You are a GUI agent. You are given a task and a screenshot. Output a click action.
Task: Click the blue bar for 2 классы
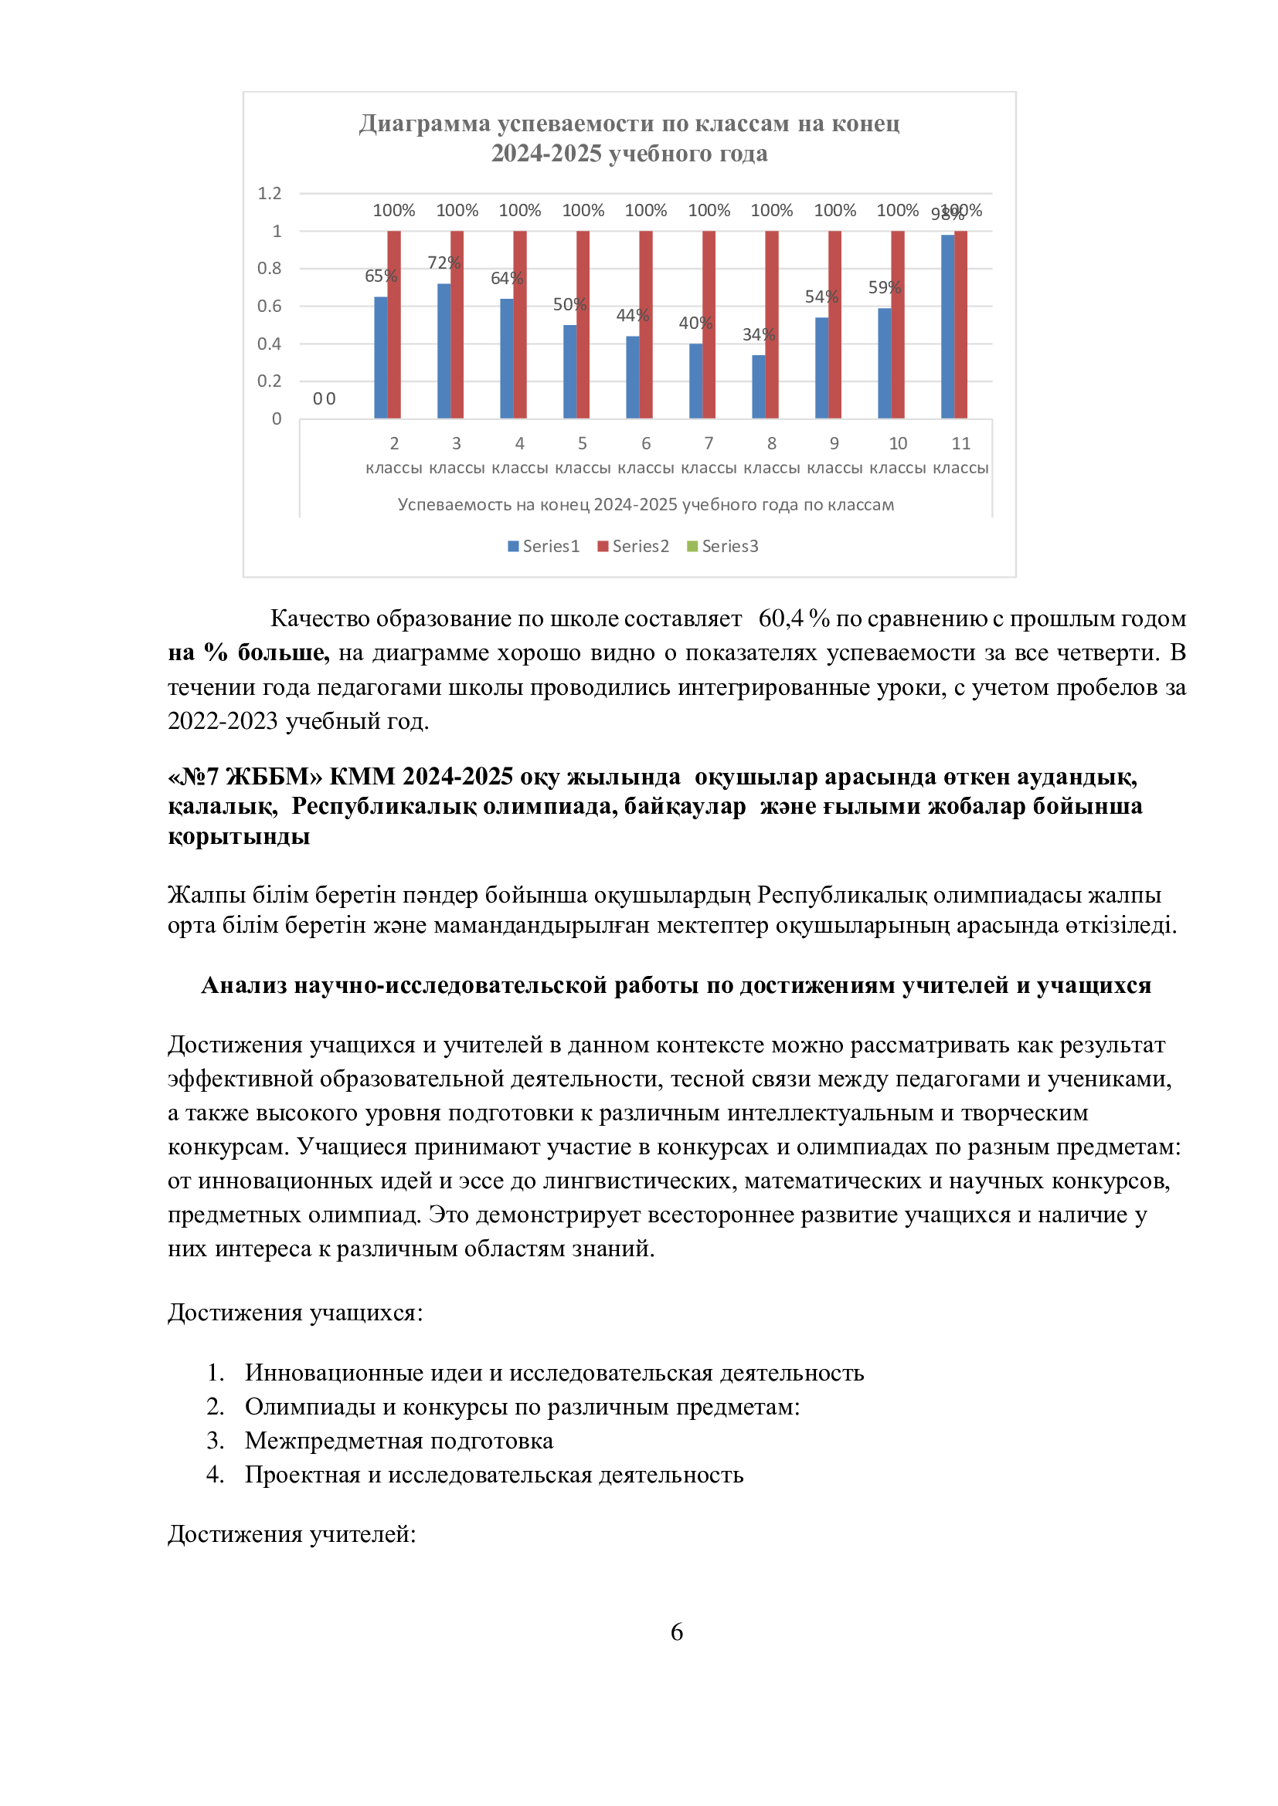[x=380, y=357]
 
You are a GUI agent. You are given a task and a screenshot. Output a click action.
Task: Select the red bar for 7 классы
[x=709, y=324]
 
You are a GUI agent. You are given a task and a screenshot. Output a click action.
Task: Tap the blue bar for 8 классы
[x=759, y=386]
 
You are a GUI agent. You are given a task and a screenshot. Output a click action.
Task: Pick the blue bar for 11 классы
[x=947, y=327]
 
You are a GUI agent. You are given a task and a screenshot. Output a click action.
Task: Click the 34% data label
[x=759, y=334]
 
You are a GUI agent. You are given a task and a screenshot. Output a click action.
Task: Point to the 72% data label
[x=444, y=263]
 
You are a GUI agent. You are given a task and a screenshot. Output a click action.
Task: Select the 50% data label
[x=569, y=304]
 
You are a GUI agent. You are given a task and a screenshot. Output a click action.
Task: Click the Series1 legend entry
[x=544, y=546]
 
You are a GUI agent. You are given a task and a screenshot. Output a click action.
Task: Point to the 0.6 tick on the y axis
[x=269, y=306]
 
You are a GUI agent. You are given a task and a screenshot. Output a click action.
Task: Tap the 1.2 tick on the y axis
[x=269, y=194]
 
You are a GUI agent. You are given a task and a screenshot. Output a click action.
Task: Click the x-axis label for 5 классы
[x=583, y=456]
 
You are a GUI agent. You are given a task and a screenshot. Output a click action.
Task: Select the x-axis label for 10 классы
[x=898, y=456]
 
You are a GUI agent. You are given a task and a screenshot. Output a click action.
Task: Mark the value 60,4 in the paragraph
[x=780, y=618]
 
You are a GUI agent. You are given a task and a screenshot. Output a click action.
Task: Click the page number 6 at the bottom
[x=676, y=1632]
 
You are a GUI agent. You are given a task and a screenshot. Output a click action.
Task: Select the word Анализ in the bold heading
[x=244, y=984]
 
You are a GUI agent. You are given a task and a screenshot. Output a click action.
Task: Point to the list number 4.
[x=215, y=1474]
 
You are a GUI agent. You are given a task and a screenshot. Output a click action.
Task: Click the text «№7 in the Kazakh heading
[x=193, y=776]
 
